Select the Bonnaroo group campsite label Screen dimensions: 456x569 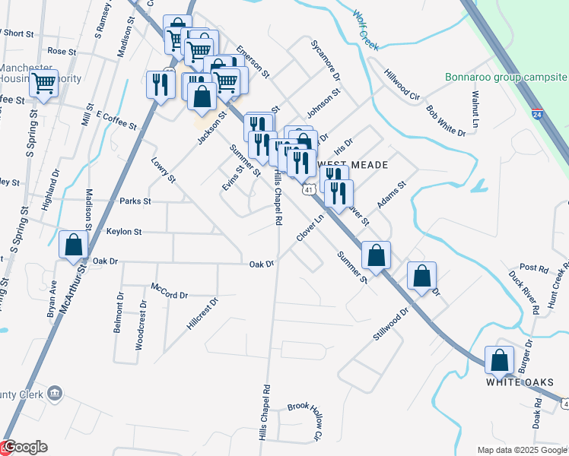[506, 78]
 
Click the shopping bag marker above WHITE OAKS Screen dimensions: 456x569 [500, 362]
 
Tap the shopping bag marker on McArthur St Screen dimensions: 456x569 [74, 245]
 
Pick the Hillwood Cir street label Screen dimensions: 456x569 [402, 85]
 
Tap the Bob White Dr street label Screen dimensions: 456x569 [446, 122]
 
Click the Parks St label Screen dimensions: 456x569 [135, 201]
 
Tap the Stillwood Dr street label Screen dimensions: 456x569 [392, 322]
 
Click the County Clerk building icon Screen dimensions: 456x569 [54, 393]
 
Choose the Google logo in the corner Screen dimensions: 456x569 [24, 448]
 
